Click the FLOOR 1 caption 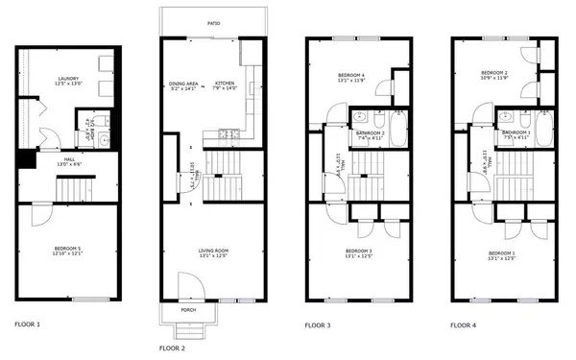27,326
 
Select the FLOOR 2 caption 172,348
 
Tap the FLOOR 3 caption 318,326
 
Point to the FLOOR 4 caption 463,326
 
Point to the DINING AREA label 182,84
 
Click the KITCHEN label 226,84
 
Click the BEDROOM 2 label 492,73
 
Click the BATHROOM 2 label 371,133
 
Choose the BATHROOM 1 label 516,133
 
